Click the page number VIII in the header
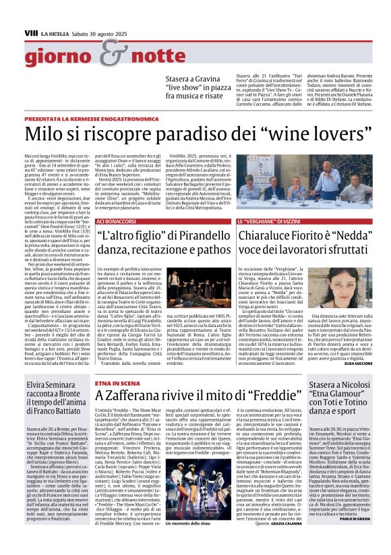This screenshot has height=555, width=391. [30, 32]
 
